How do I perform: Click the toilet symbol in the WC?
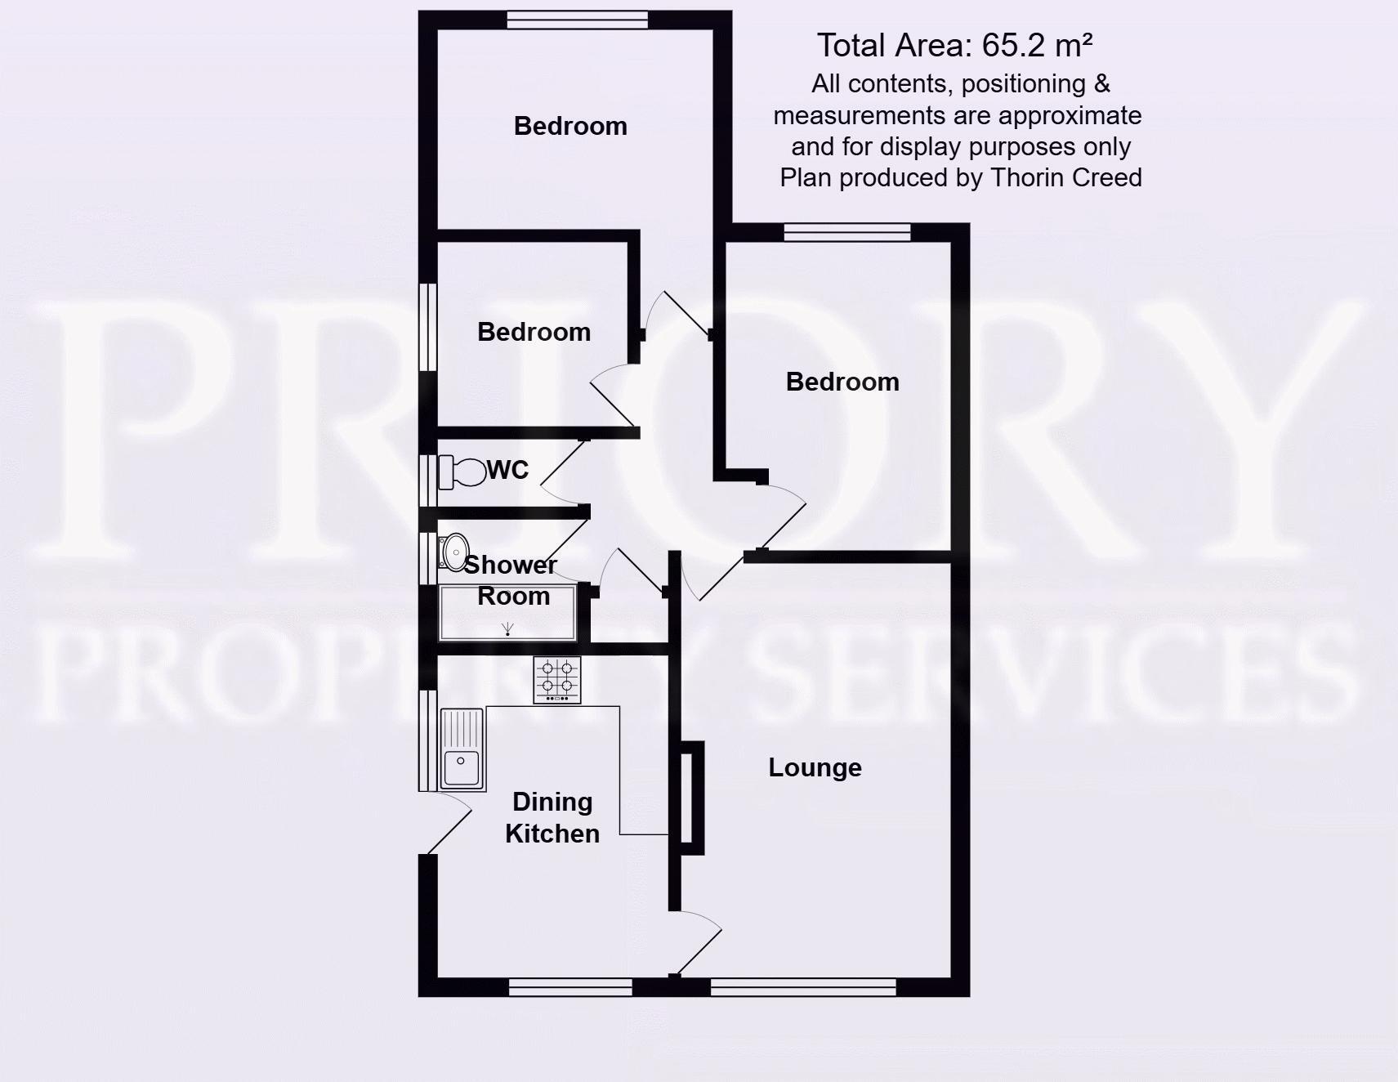click(462, 472)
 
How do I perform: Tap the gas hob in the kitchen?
click(557, 679)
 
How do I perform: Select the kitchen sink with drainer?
click(462, 749)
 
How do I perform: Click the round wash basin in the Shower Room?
click(455, 552)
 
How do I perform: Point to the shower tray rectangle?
click(507, 612)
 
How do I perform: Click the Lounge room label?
click(815, 767)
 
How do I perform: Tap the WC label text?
click(507, 470)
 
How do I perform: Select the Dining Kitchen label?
click(552, 817)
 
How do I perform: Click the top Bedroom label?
click(570, 126)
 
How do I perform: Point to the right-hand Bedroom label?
click(842, 382)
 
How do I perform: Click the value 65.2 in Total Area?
click(1014, 46)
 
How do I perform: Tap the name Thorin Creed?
click(1065, 177)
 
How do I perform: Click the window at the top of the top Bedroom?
click(577, 20)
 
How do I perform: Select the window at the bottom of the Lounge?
click(803, 987)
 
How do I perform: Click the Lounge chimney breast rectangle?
click(690, 798)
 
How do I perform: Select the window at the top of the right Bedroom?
click(847, 232)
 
